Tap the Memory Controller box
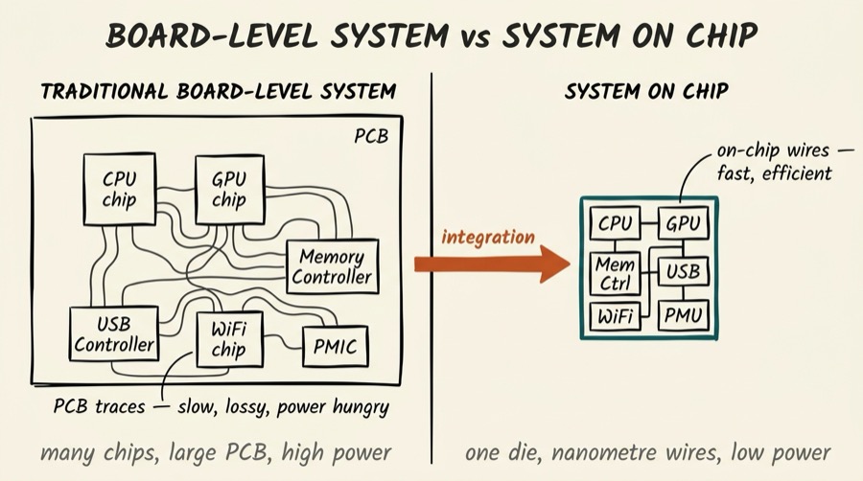(x=332, y=267)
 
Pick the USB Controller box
(x=113, y=334)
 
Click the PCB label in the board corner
(x=371, y=134)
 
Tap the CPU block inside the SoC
(x=615, y=224)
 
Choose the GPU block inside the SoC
(x=683, y=224)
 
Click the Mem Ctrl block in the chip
(x=615, y=272)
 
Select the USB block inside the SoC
(x=683, y=272)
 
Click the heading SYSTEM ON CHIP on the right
(x=645, y=92)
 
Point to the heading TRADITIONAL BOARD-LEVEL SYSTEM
(x=218, y=92)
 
